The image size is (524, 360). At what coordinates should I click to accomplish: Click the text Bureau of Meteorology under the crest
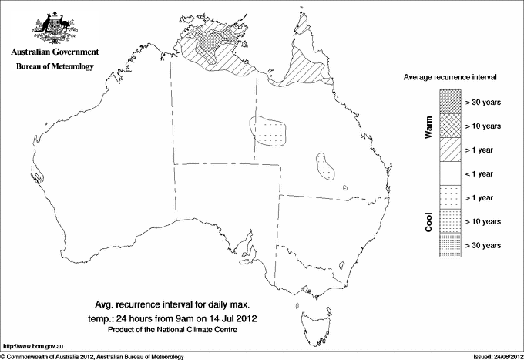pyautogui.click(x=55, y=67)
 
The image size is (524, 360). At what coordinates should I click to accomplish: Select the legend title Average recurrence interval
pyautogui.click(x=455, y=78)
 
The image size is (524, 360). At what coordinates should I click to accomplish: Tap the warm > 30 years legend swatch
pyautogui.click(x=450, y=102)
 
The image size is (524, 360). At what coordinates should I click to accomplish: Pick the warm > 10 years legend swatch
pyautogui.click(x=450, y=126)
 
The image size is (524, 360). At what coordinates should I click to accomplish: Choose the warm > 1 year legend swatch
pyautogui.click(x=450, y=150)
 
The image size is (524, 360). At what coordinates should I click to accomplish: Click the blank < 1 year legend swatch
pyautogui.click(x=450, y=173)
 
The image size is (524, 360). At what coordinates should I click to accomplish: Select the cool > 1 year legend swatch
pyautogui.click(x=450, y=197)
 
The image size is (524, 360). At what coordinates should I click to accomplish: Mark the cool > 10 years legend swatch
pyautogui.click(x=450, y=221)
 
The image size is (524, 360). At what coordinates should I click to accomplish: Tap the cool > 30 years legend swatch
pyautogui.click(x=450, y=245)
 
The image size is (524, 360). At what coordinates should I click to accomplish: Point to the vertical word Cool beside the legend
pyautogui.click(x=429, y=221)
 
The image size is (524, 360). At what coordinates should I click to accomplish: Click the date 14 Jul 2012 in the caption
pyautogui.click(x=229, y=317)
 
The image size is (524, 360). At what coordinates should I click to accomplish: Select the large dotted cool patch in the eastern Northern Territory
pyautogui.click(x=268, y=130)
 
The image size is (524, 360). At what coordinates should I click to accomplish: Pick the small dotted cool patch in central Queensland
pyautogui.click(x=328, y=165)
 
